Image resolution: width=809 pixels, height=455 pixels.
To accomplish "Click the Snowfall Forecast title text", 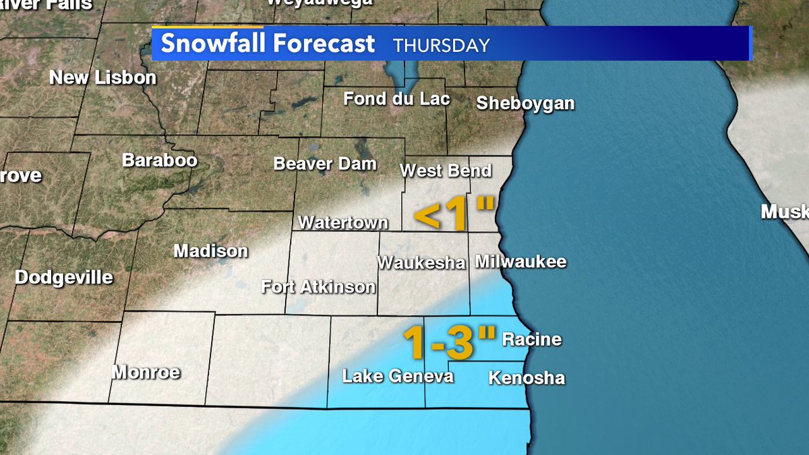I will (x=268, y=44).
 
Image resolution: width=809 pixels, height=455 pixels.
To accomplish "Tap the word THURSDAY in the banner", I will (x=442, y=46).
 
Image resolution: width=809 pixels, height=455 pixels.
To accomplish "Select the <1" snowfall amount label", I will (x=454, y=214).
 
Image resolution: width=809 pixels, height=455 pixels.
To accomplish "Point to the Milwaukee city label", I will (x=520, y=262).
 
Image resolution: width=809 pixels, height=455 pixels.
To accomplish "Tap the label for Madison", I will (x=211, y=251).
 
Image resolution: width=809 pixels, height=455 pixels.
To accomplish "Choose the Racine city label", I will (x=532, y=339).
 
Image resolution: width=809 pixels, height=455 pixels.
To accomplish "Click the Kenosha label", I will (x=527, y=378).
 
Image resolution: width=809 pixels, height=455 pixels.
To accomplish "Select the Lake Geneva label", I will (x=398, y=376).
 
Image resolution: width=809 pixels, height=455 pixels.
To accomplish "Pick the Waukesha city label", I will (x=421, y=262).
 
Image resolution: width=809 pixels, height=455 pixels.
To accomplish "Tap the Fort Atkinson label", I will (x=318, y=287).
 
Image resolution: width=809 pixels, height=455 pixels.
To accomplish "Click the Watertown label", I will (x=343, y=222).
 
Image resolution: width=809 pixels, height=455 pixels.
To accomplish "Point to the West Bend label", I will (x=446, y=171).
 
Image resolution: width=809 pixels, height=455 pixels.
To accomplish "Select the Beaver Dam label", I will (x=325, y=164).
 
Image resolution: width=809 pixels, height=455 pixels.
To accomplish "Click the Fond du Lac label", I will (x=396, y=99).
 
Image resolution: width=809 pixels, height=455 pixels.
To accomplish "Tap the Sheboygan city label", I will (x=525, y=104).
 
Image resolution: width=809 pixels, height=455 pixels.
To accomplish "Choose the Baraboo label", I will (x=160, y=160).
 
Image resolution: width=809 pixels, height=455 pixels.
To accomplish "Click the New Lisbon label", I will (x=103, y=78).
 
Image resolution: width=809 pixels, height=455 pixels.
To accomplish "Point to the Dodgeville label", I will (x=64, y=278).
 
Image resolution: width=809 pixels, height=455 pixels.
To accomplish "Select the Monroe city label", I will (x=146, y=372).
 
